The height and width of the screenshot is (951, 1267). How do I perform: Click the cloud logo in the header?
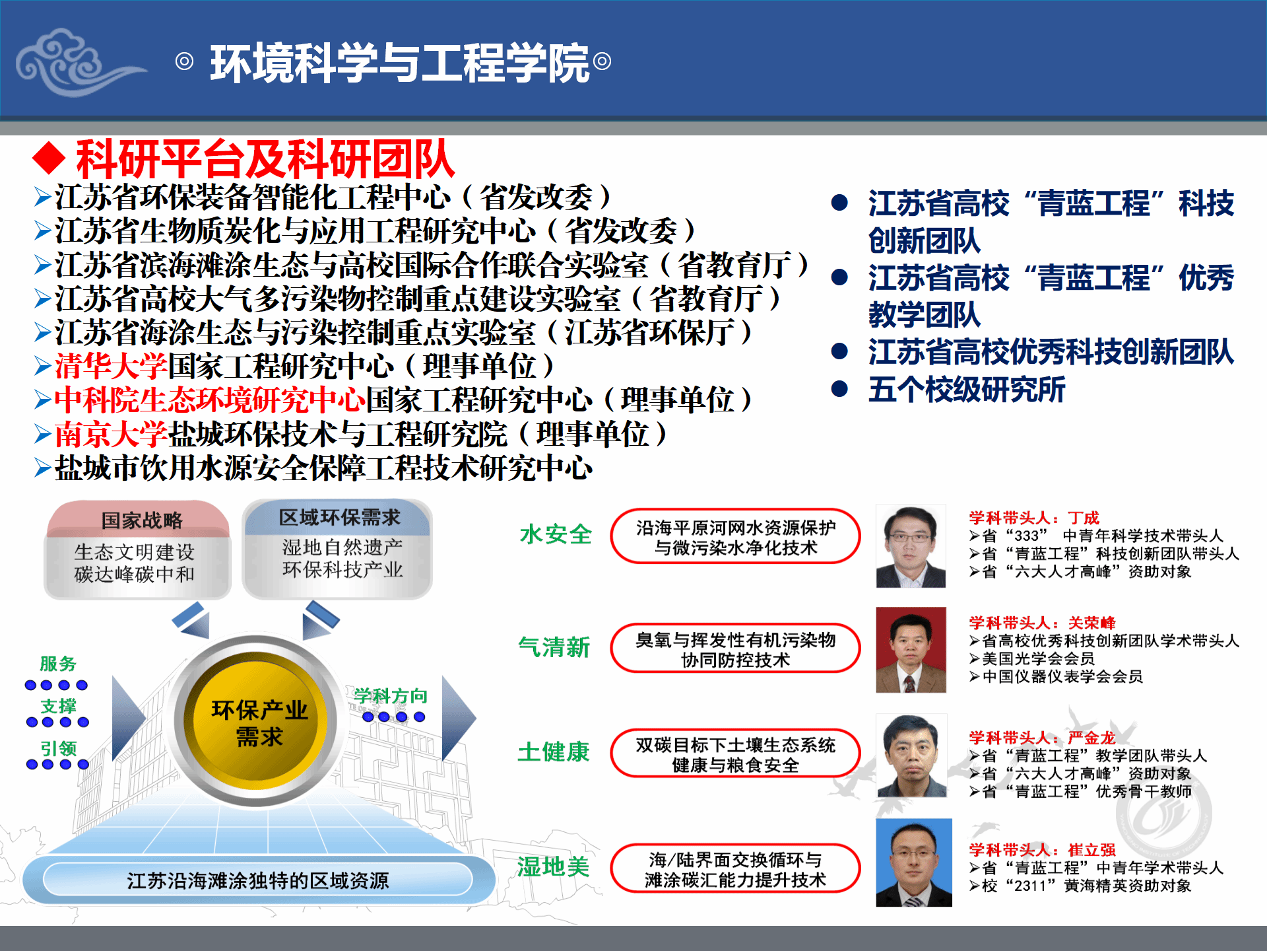point(76,61)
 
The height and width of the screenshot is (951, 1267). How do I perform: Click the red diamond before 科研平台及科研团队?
point(49,159)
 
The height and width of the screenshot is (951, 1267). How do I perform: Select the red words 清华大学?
point(111,366)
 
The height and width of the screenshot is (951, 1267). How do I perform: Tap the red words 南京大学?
point(111,434)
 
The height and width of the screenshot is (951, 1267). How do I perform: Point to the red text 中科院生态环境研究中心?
point(210,400)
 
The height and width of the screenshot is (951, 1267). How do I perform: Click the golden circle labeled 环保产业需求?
point(259,722)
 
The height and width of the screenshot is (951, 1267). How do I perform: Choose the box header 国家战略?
point(141,520)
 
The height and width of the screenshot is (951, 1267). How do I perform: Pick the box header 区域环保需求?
point(339,517)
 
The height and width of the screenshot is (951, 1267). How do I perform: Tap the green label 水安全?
point(556,534)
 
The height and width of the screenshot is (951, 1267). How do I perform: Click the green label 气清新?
point(554,647)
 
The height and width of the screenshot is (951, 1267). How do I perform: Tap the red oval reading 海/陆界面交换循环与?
point(736,868)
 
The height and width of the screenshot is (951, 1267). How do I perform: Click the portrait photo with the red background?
point(911,650)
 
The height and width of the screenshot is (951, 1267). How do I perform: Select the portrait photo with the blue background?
point(914,863)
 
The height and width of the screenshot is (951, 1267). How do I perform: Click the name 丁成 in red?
point(1084,518)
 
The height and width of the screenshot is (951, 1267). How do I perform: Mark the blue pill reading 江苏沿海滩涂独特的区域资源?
point(258,880)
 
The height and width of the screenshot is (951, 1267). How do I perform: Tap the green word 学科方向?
point(391,695)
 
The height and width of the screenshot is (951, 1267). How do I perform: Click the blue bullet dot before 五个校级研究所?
point(839,388)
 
